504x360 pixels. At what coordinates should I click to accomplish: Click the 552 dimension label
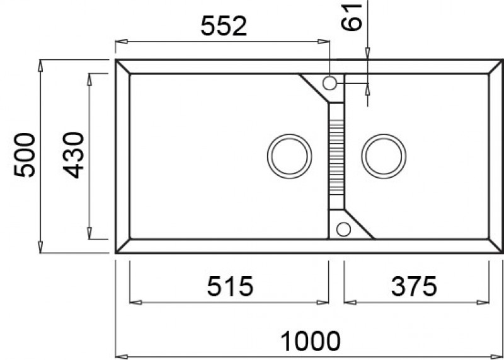coord(224,26)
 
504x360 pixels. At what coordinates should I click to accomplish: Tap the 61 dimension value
coord(352,17)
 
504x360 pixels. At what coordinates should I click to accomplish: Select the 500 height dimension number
coord(25,154)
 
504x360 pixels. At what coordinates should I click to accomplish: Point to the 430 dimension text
coord(74,154)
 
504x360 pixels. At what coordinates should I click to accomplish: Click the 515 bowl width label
coord(230,286)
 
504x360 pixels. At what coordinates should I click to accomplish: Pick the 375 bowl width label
coord(414,286)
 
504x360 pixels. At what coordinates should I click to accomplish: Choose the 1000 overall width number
coord(311,341)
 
